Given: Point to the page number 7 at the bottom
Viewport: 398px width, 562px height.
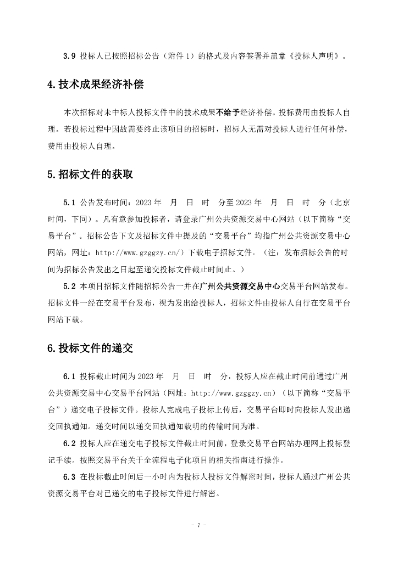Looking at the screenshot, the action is point(198,525).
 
